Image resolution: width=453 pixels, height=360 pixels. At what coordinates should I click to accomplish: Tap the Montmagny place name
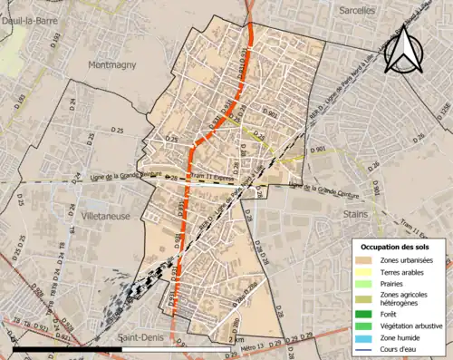[112, 65]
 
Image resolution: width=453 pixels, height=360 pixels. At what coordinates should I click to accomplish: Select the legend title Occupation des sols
[397, 247]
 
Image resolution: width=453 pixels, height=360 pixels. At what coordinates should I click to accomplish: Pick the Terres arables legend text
[411, 271]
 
